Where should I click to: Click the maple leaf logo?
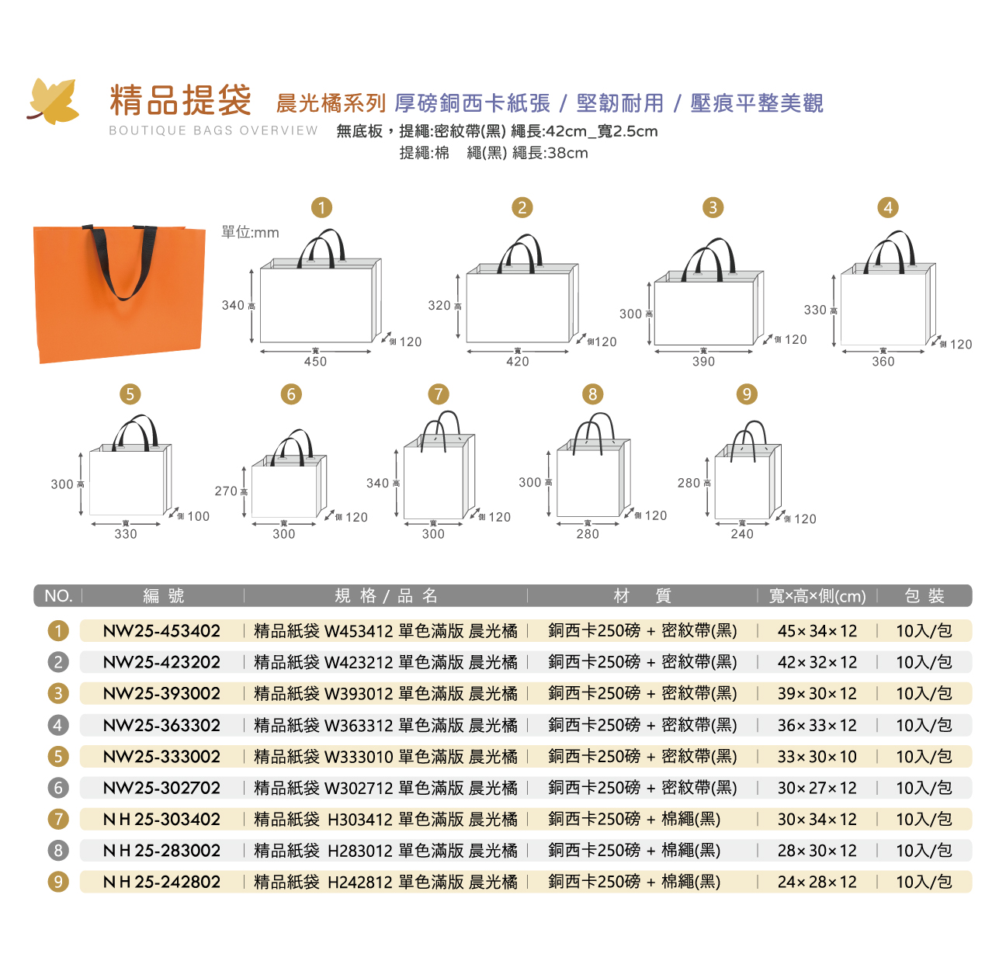pos(54,101)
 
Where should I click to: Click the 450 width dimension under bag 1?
pos(315,362)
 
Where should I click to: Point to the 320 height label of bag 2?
pos(439,305)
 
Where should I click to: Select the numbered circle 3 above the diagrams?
pos(713,207)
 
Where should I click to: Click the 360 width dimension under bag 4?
pos(883,362)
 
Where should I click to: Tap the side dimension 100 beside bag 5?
pos(198,516)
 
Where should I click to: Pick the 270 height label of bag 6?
pos(226,491)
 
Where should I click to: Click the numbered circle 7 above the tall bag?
pos(439,394)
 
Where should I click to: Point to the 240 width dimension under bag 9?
pos(742,533)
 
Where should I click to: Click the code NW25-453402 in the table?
pos(161,631)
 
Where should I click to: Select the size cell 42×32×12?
pos(817,662)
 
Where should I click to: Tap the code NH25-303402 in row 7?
pos(161,819)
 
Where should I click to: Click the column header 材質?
pos(642,595)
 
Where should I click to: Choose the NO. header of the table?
pos(58,595)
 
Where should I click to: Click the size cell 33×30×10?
pos(817,757)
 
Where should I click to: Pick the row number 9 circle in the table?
pos(58,882)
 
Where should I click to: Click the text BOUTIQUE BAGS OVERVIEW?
pos(213,130)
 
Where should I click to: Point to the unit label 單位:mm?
pos(250,232)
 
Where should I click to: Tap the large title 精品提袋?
pos(180,100)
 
